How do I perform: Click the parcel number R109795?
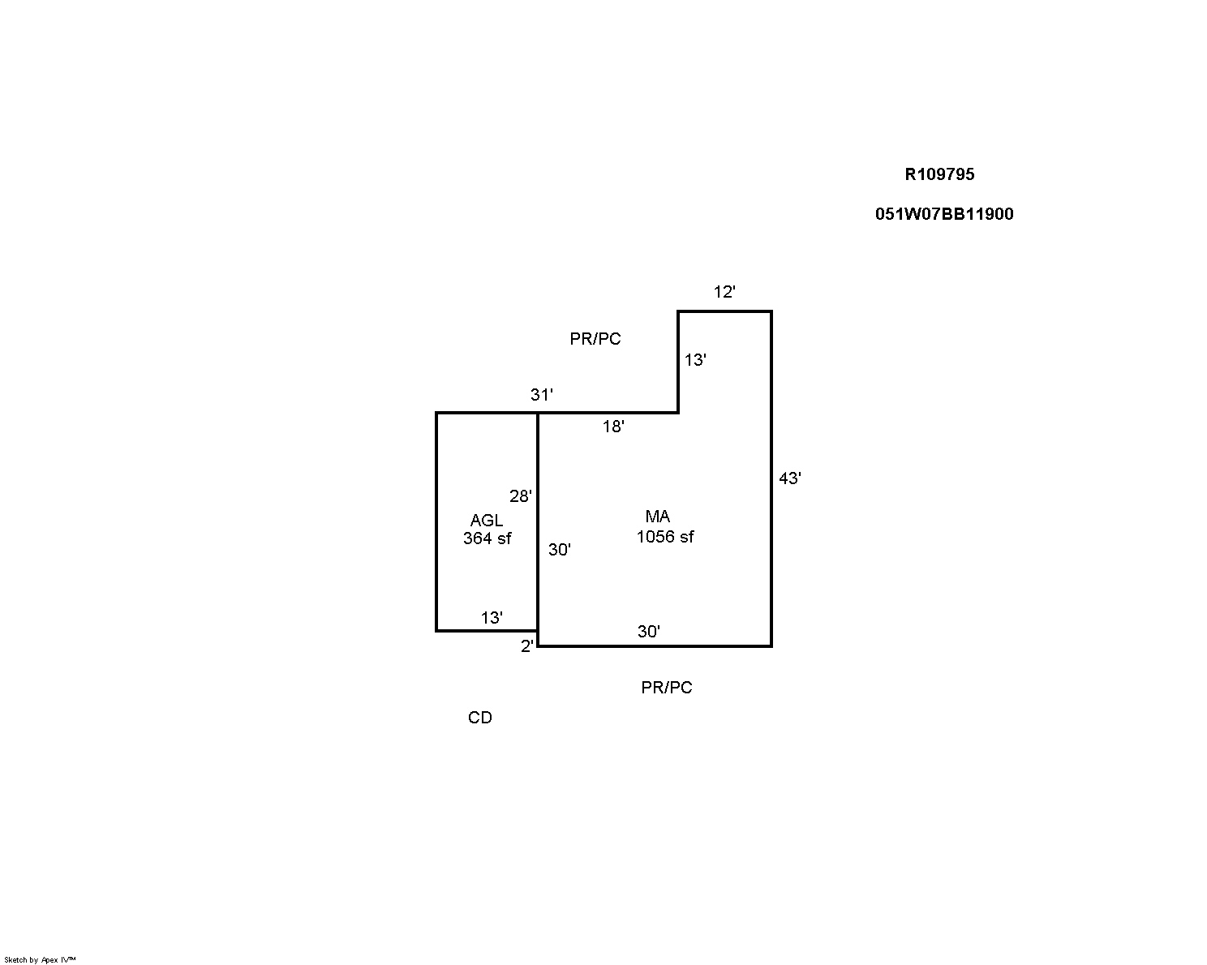pyautogui.click(x=939, y=174)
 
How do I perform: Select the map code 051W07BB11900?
pyautogui.click(x=944, y=214)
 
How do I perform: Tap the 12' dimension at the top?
pyautogui.click(x=724, y=292)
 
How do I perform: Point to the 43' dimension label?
pyautogui.click(x=790, y=478)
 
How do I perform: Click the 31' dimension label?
pyautogui.click(x=542, y=395)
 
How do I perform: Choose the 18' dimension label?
pyautogui.click(x=613, y=427)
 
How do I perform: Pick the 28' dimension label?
pyautogui.click(x=521, y=495)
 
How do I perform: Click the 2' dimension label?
pyautogui.click(x=526, y=646)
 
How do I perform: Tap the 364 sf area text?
pyautogui.click(x=487, y=538)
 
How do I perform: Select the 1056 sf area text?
pyautogui.click(x=664, y=537)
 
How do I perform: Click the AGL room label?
pyautogui.click(x=486, y=521)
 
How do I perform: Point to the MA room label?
pyautogui.click(x=657, y=517)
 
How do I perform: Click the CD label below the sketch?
pyautogui.click(x=479, y=718)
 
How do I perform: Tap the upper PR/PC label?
pyautogui.click(x=595, y=339)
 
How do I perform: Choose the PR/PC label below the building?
pyautogui.click(x=666, y=688)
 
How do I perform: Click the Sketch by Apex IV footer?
pyautogui.click(x=40, y=960)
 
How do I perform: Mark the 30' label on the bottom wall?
pyautogui.click(x=648, y=632)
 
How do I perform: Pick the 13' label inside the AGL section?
pyautogui.click(x=492, y=618)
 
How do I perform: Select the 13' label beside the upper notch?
pyautogui.click(x=695, y=360)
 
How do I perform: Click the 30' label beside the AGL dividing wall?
pyautogui.click(x=559, y=550)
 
